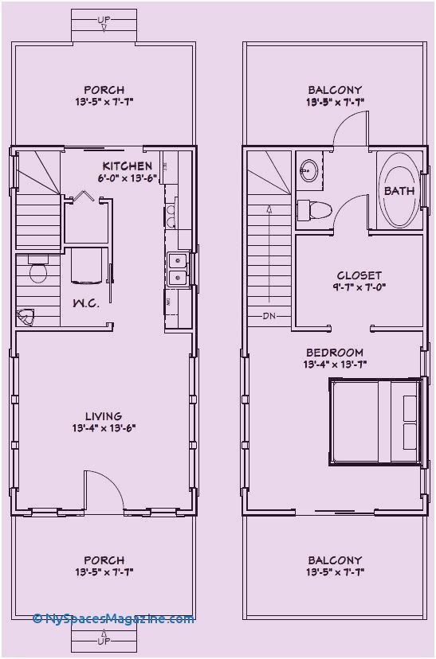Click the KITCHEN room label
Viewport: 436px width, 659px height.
point(127,166)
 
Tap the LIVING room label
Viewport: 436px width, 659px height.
point(104,415)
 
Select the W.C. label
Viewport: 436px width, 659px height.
point(86,303)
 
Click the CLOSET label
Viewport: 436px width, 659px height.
point(359,275)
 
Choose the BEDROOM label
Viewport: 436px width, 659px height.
point(335,353)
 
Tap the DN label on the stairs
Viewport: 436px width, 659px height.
point(269,317)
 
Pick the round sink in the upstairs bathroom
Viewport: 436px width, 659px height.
point(308,169)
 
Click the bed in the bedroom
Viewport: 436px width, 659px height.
point(374,421)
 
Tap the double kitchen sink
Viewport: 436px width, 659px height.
point(177,269)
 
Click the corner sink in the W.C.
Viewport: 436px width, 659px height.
point(26,318)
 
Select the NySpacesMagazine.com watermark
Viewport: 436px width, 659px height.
point(113,618)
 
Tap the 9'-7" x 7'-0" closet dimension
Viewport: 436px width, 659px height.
point(359,288)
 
